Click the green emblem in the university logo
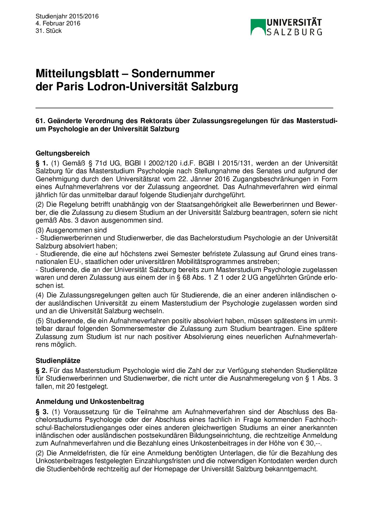pos(257,27)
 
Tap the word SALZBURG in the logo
pos(294,32)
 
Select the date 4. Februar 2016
pos(58,23)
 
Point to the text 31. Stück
pos(49,31)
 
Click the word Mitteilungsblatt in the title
pos(77,73)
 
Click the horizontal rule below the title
pos(184,108)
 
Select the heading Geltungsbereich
pos(62,153)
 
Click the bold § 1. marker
pos(42,163)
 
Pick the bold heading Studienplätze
pos(58,360)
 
